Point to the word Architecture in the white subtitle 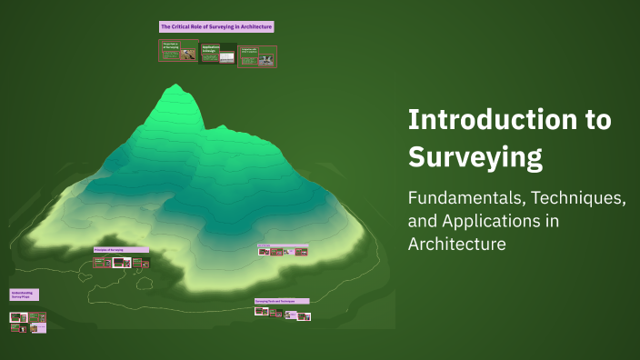tap(456, 244)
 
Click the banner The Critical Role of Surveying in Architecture tap(216, 27)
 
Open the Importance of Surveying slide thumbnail tap(179, 51)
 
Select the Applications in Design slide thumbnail tap(217, 54)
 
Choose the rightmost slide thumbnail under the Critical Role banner tap(257, 57)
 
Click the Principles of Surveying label tap(121, 249)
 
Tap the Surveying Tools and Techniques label tap(281, 300)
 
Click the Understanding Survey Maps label tap(23, 295)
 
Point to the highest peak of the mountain tap(173, 87)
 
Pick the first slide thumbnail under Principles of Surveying tap(100, 263)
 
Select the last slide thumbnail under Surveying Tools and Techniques tap(304, 316)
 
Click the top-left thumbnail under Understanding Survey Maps tap(17, 316)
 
